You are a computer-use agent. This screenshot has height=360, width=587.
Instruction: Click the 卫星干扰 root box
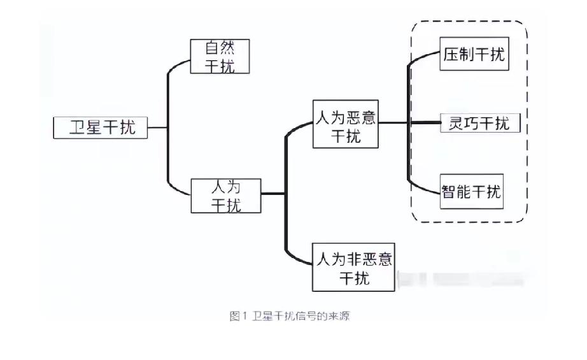click(100, 127)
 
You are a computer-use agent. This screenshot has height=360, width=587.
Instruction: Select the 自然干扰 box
click(220, 57)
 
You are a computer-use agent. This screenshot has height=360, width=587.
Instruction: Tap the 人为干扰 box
click(225, 196)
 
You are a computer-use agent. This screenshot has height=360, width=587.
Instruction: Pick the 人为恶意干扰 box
click(346, 124)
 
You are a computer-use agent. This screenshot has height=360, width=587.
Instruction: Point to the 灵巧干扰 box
click(480, 123)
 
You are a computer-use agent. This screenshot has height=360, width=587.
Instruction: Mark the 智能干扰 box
click(472, 191)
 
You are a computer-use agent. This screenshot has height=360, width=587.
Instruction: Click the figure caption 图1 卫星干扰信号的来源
click(289, 317)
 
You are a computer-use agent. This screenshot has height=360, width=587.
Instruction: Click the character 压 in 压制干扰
click(451, 55)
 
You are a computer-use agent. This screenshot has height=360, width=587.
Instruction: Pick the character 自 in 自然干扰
click(212, 48)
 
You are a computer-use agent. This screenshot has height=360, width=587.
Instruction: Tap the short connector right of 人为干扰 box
click(272, 194)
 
